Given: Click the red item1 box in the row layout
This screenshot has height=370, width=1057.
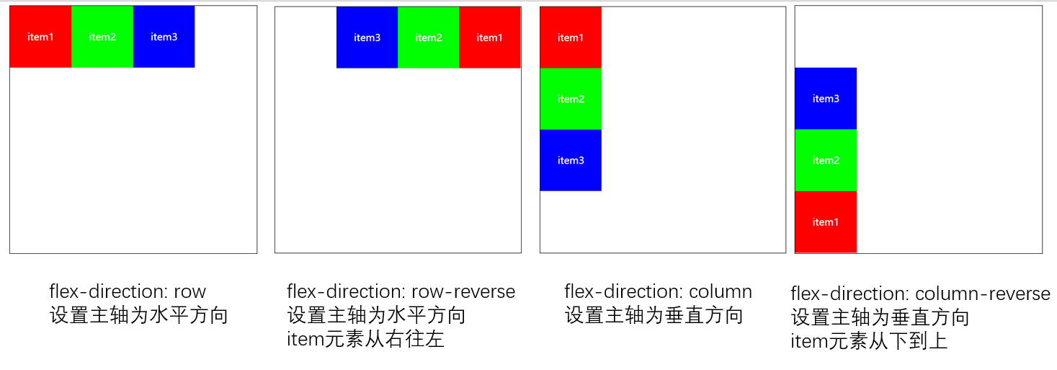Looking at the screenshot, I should pyautogui.click(x=40, y=37).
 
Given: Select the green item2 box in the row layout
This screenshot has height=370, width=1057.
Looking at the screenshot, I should pyautogui.click(x=102, y=37).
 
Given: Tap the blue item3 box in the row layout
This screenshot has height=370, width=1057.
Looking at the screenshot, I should pyautogui.click(x=164, y=37).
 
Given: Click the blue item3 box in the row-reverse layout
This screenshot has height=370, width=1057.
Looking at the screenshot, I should pyautogui.click(x=367, y=38).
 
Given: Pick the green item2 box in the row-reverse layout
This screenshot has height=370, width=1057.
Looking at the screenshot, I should pyautogui.click(x=428, y=38).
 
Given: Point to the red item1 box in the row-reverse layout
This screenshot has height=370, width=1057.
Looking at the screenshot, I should pyautogui.click(x=489, y=38).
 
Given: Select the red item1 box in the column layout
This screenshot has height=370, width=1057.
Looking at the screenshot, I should pyautogui.click(x=570, y=38).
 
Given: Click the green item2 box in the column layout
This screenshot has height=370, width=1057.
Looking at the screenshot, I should pyautogui.click(x=570, y=99).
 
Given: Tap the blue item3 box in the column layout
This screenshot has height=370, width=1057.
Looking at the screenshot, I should pyautogui.click(x=570, y=160).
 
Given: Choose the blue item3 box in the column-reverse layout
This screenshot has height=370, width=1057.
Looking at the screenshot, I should pyautogui.click(x=826, y=99).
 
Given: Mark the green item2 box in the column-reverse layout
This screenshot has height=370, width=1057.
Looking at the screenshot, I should pyautogui.click(x=826, y=160).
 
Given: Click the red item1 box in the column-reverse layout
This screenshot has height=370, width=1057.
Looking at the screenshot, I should pyautogui.click(x=826, y=222).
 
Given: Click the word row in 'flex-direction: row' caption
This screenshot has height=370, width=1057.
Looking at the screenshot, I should pyautogui.click(x=189, y=292).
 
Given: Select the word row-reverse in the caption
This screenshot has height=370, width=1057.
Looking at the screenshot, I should pyautogui.click(x=463, y=292).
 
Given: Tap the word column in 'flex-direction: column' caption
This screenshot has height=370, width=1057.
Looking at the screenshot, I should pyautogui.click(x=721, y=292).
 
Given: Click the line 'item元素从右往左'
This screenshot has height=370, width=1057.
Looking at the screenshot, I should pyautogui.click(x=365, y=339).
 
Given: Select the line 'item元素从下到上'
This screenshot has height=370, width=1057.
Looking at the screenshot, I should pyautogui.click(x=869, y=341).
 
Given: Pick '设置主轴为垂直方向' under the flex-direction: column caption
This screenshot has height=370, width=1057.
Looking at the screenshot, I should pyautogui.click(x=654, y=315).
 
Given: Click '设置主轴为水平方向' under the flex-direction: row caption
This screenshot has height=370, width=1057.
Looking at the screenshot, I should pyautogui.click(x=138, y=315).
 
